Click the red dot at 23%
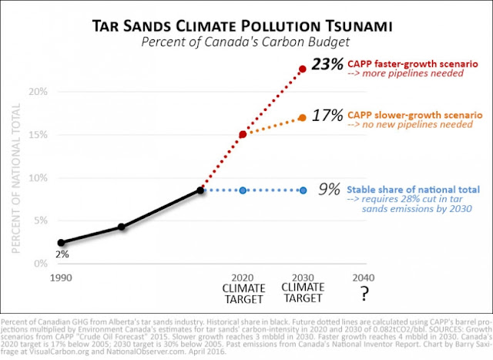[303, 69]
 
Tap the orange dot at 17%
[303, 118]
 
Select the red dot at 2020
[243, 134]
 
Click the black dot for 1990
[62, 242]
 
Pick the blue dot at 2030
[303, 190]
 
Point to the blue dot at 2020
[243, 190]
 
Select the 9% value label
[328, 189]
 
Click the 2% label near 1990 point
[62, 254]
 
